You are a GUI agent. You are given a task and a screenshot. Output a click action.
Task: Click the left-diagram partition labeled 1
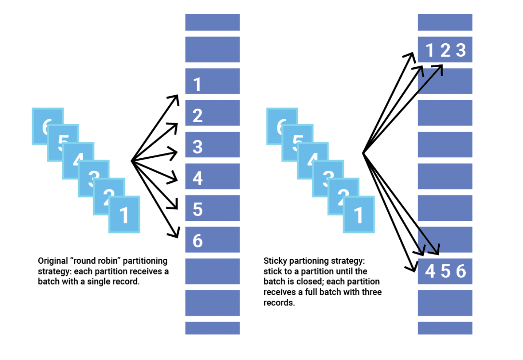(x=212, y=81)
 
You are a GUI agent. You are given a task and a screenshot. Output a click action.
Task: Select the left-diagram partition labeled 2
(x=212, y=113)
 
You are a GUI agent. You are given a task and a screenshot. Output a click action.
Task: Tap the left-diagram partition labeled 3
(x=212, y=145)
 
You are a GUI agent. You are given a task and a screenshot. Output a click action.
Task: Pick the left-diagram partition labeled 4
(x=212, y=176)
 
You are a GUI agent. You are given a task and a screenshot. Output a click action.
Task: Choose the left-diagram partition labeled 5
(x=212, y=208)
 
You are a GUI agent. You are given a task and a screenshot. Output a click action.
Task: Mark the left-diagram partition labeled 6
(x=212, y=240)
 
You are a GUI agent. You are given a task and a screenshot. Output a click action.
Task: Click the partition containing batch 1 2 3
(x=445, y=50)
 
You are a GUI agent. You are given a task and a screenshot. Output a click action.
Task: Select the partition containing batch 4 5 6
(x=445, y=271)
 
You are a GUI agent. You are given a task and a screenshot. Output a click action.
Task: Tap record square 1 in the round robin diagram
(x=124, y=215)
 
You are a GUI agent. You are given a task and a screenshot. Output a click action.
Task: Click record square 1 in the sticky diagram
(x=359, y=215)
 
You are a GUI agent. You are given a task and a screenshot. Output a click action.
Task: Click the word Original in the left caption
(x=53, y=261)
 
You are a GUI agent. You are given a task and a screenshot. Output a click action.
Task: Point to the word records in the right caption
(x=279, y=303)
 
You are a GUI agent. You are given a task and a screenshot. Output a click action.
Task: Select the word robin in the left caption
(x=108, y=261)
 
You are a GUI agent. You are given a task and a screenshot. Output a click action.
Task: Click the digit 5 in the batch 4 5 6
(x=445, y=271)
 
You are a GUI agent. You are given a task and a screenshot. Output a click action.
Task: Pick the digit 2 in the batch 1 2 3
(x=445, y=50)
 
